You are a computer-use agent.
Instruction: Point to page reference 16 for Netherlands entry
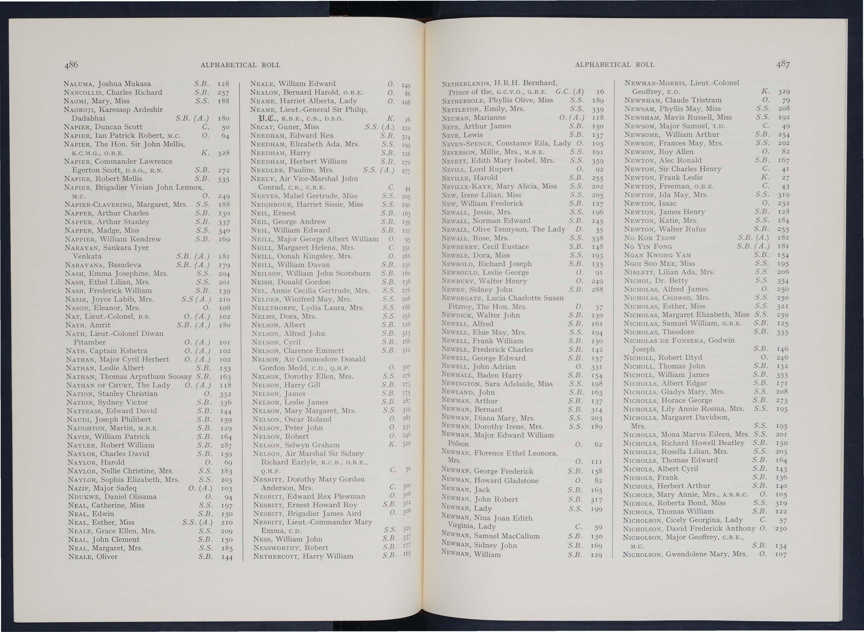[x=600, y=92]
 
